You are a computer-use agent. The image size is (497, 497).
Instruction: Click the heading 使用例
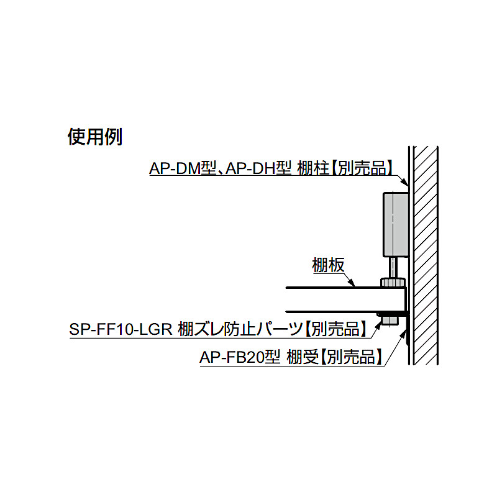[x=95, y=137]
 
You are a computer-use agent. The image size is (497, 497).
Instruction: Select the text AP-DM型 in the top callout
[x=183, y=168]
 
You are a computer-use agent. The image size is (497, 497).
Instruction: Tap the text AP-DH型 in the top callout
[x=258, y=168]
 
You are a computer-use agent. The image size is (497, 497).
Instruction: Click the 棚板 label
[x=328, y=265]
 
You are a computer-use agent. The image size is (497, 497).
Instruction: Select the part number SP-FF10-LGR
[x=121, y=329]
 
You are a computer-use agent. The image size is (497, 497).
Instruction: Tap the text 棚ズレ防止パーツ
[x=240, y=329]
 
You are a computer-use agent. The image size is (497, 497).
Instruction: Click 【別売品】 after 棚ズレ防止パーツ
[x=336, y=329]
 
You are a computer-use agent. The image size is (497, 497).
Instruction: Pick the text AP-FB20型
[x=240, y=357]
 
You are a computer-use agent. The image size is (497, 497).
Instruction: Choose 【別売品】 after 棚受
[x=352, y=357]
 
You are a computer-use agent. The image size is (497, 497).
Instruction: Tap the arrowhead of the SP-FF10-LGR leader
[x=378, y=324]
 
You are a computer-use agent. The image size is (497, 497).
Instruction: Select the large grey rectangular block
[x=396, y=224]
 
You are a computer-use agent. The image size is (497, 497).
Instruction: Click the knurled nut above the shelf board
[x=393, y=282]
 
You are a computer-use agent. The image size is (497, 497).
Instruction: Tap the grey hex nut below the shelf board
[x=390, y=319]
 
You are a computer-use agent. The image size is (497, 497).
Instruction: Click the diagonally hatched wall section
[x=426, y=255]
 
